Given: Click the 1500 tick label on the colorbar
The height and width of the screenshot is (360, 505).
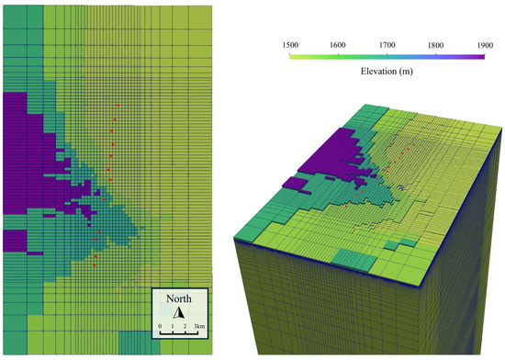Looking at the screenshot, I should click(x=290, y=43).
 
